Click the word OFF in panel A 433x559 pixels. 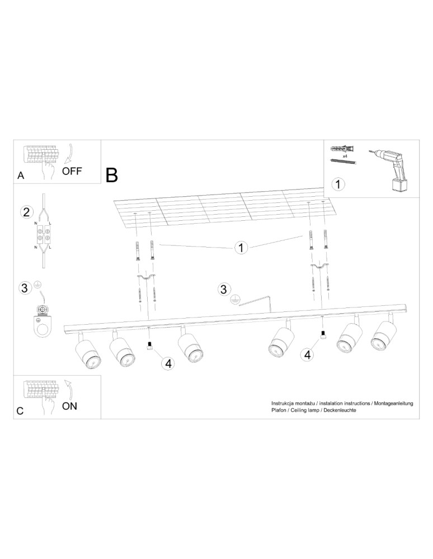[72, 171]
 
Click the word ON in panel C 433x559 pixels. [69, 406]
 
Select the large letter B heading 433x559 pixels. [112, 175]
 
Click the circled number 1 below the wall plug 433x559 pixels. [338, 183]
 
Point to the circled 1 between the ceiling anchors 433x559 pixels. [241, 247]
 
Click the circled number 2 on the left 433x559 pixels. [25, 212]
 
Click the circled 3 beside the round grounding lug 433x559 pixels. [25, 288]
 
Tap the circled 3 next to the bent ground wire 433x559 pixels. [224, 289]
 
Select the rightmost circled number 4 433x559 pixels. [306, 354]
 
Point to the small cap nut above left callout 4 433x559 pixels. [149, 345]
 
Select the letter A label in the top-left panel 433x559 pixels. [21, 175]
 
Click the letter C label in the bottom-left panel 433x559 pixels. [20, 411]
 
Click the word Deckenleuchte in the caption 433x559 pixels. [340, 410]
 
